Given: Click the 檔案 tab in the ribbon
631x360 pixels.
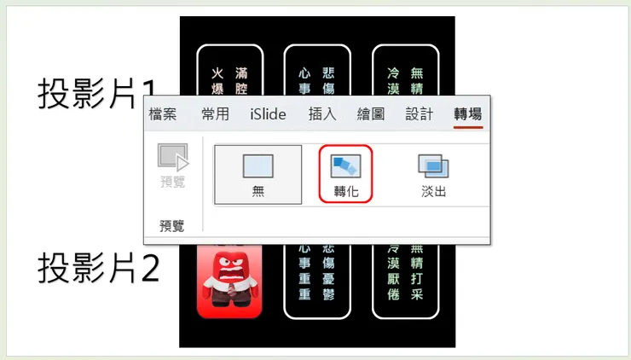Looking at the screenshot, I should coord(163,114).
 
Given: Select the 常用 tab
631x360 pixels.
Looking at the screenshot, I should coord(215,114).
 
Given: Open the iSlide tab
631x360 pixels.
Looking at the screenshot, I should coord(268,114).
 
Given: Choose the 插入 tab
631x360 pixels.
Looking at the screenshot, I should coord(322,114).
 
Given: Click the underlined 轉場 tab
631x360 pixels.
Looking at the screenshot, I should coord(468,114).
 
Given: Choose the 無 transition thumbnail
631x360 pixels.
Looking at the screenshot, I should coord(258,173).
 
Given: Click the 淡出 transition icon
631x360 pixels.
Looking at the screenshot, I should coord(433,173).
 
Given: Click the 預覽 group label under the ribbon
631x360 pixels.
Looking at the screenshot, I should coord(172,226).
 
